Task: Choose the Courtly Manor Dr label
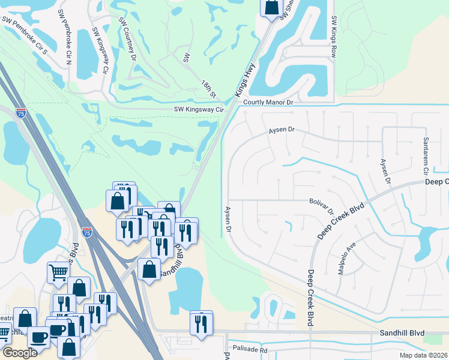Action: (268, 103)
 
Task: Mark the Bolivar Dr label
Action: (321, 206)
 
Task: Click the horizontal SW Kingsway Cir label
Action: (198, 110)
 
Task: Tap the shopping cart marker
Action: (58, 272)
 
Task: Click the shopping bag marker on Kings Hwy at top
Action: (271, 7)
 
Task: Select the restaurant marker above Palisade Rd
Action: (201, 323)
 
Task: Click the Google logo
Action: (19, 353)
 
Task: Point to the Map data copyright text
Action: (423, 355)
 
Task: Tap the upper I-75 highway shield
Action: (21, 113)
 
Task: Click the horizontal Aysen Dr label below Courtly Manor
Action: (283, 130)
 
